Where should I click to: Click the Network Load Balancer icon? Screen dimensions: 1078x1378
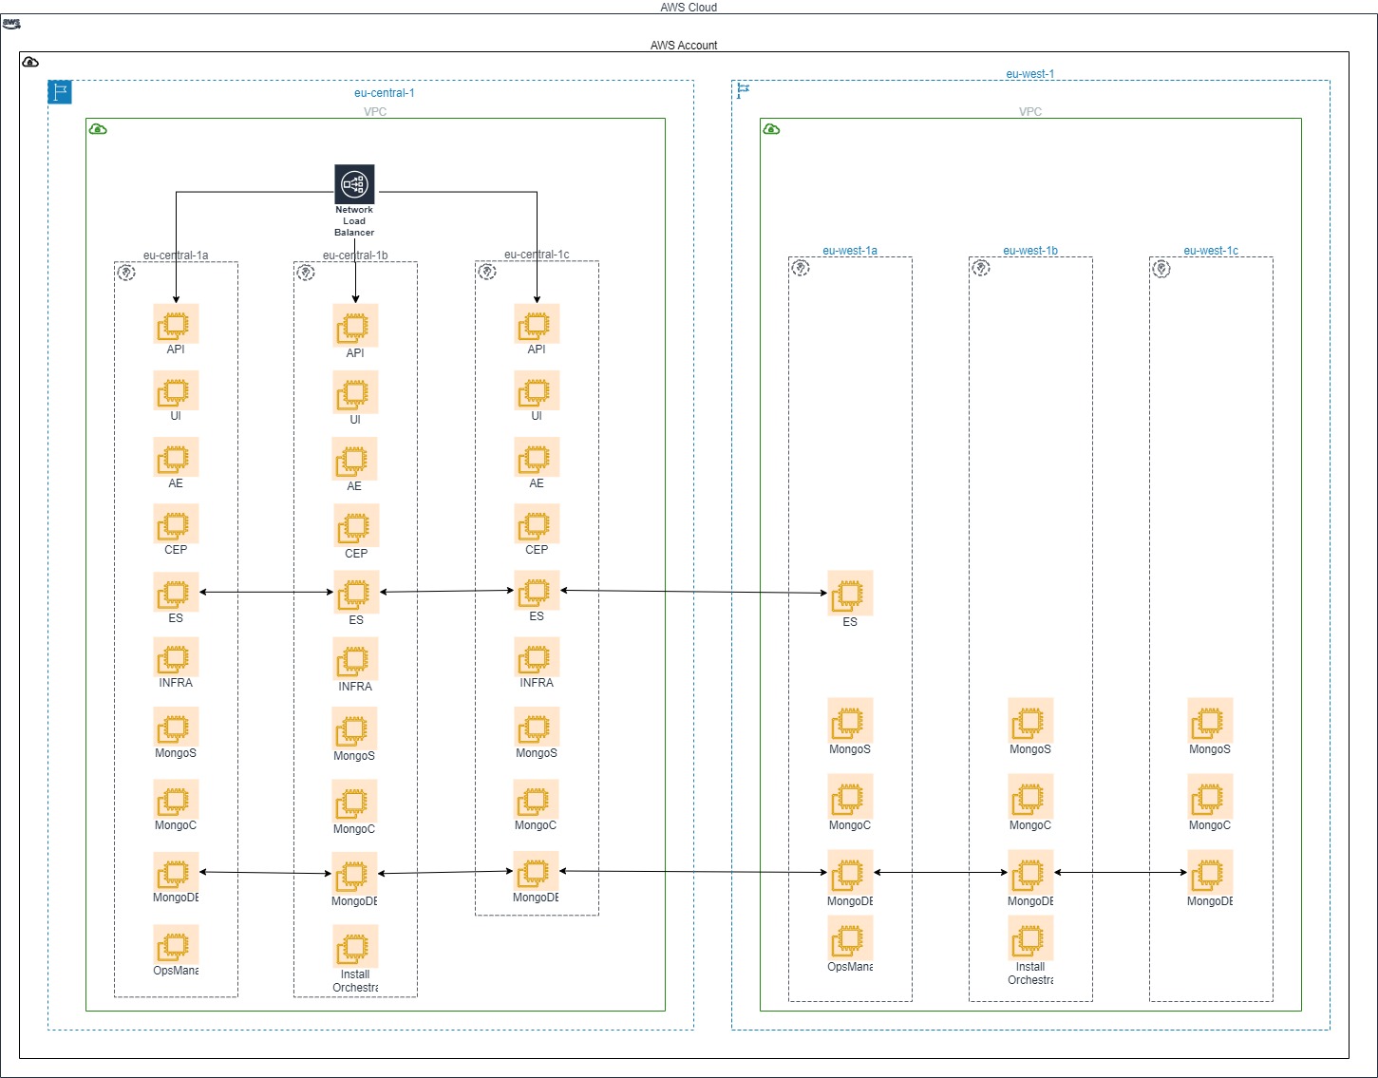click(x=354, y=183)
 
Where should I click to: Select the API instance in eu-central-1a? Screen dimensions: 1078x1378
click(x=176, y=325)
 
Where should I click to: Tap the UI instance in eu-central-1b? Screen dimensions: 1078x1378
click(x=355, y=393)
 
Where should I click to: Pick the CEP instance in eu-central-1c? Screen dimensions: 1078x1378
click(x=537, y=524)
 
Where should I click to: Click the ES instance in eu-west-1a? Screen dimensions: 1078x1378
click(x=850, y=594)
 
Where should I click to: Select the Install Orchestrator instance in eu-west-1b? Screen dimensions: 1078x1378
click(x=1030, y=939)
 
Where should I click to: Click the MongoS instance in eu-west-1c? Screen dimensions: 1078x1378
click(x=1210, y=721)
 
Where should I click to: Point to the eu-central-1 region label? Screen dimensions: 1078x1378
click(x=384, y=93)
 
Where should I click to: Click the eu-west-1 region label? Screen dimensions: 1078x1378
click(x=1029, y=74)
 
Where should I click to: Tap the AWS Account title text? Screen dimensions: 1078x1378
click(x=684, y=46)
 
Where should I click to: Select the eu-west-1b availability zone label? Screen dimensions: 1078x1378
click(x=1030, y=251)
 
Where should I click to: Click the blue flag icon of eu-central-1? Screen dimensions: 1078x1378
click(x=60, y=92)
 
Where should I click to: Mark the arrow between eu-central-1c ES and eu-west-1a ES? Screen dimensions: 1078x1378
click(x=693, y=592)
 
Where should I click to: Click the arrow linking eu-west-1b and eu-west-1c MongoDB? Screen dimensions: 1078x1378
click(x=1121, y=872)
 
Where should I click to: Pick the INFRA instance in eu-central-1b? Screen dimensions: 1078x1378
click(x=355, y=659)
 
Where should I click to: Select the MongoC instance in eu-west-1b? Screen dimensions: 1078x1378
click(x=1030, y=797)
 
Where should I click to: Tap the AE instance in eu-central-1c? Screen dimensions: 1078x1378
click(x=537, y=459)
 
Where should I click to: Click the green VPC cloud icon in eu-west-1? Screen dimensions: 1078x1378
click(x=772, y=129)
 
